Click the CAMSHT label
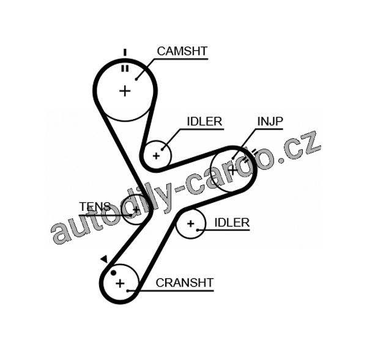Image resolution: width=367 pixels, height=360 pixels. point(182,51)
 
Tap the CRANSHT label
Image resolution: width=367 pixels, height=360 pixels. point(184,282)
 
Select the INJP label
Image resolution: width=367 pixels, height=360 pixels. point(270,121)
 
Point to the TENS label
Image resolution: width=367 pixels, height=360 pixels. point(95,206)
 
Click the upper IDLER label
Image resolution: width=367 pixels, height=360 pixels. point(204,121)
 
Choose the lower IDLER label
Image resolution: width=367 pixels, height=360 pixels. point(232,222)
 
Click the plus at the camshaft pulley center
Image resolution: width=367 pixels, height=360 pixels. point(125,91)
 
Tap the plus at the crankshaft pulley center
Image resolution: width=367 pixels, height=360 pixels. point(120,283)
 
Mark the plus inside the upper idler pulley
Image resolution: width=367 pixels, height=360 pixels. point(157,155)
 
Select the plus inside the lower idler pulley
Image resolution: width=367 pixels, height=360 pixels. point(191,224)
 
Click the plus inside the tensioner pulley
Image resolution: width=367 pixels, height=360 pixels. point(136,210)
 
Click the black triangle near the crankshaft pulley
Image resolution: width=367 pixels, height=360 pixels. point(104,260)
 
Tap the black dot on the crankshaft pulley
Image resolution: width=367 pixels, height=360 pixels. point(113,273)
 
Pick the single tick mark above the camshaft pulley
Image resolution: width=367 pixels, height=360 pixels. point(125,52)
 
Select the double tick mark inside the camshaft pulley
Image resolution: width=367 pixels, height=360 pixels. point(125,68)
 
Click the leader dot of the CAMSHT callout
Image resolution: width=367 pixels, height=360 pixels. point(136,78)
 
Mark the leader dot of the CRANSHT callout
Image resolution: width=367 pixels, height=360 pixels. point(128,291)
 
